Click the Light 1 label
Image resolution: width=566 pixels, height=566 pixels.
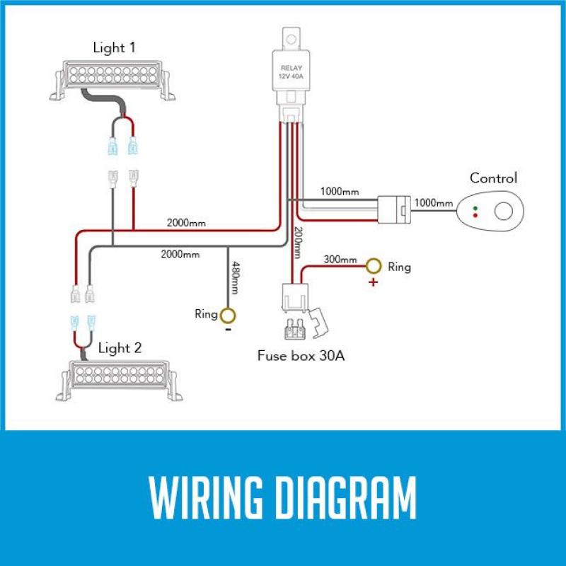point(114,48)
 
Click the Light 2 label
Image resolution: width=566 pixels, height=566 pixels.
point(120,347)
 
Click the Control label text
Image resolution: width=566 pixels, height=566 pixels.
point(493,178)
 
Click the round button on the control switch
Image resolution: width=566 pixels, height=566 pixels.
point(503,211)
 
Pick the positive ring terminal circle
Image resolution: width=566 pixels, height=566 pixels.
point(373,266)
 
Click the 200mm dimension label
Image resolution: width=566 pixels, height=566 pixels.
point(297,241)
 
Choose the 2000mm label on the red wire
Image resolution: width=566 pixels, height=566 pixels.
point(186,223)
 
